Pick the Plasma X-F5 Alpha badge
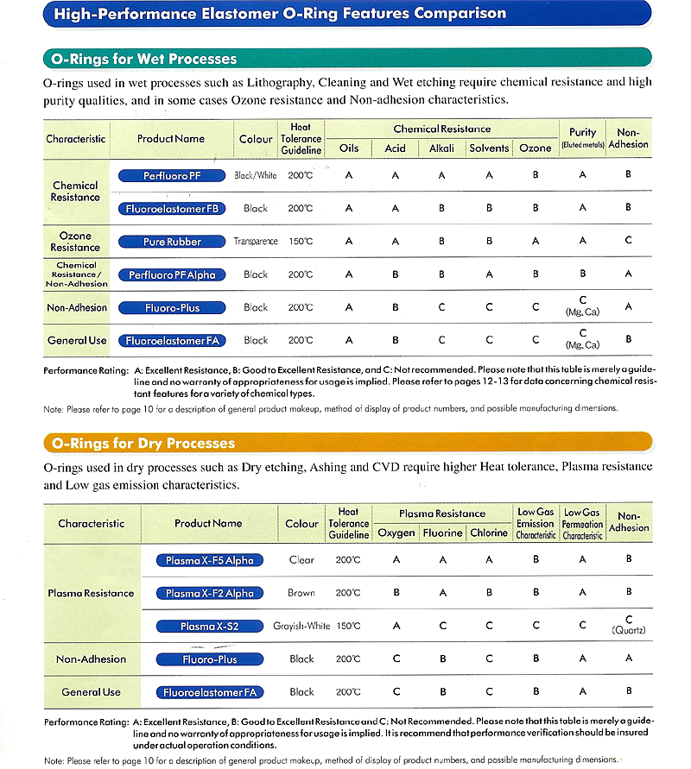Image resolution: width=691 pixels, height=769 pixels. click(210, 560)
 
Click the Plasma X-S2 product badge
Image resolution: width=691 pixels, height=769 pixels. click(210, 626)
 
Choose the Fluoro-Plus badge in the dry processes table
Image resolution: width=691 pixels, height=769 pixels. click(210, 659)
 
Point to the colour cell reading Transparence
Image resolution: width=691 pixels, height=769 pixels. click(256, 242)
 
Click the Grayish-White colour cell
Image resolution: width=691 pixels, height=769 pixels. click(301, 626)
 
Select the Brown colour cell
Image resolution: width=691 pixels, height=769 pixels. click(301, 593)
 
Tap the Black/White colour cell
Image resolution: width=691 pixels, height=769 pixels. click(256, 175)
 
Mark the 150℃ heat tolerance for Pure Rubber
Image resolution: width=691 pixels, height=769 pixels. click(301, 242)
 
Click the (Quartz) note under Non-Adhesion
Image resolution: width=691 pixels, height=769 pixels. click(629, 630)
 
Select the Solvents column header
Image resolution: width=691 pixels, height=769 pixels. click(489, 148)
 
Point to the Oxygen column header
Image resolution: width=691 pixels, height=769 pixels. click(396, 533)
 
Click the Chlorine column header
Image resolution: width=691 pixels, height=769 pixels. click(489, 533)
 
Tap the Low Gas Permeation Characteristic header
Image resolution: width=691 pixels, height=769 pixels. click(582, 524)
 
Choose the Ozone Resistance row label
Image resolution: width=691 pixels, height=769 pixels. click(75, 242)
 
